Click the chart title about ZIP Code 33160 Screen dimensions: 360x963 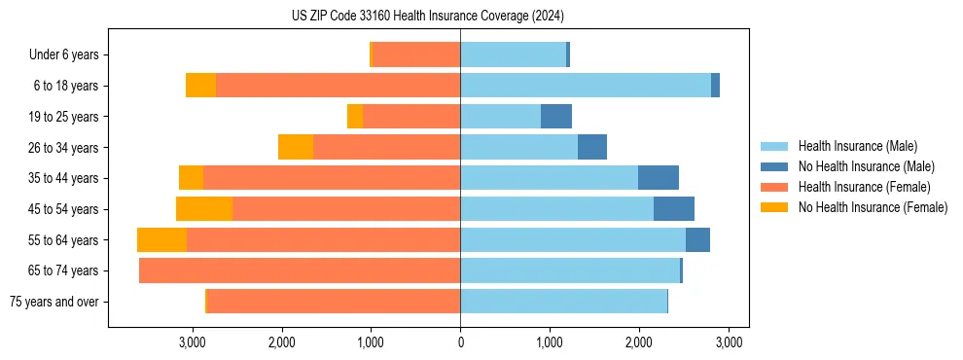coord(427,16)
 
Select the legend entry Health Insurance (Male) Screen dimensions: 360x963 coord(856,146)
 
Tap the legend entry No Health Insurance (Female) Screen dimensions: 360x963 coord(873,207)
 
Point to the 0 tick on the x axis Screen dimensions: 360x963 coord(460,342)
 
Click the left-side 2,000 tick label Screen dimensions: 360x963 coord(281,342)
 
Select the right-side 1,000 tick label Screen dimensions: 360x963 coord(550,342)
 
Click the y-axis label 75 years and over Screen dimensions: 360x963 coord(54,302)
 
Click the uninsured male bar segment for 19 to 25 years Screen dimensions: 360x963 coord(556,117)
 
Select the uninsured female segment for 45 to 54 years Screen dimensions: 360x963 coord(204,209)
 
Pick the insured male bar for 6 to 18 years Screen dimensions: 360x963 coord(586,86)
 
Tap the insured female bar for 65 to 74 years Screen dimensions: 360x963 coord(300,270)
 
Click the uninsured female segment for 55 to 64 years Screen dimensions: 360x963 coord(161,240)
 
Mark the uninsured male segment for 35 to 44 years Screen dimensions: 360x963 coord(659,178)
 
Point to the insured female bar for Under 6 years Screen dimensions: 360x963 coord(416,55)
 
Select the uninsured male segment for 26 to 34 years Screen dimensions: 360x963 coord(592,148)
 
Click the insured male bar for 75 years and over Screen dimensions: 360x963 coord(564,302)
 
